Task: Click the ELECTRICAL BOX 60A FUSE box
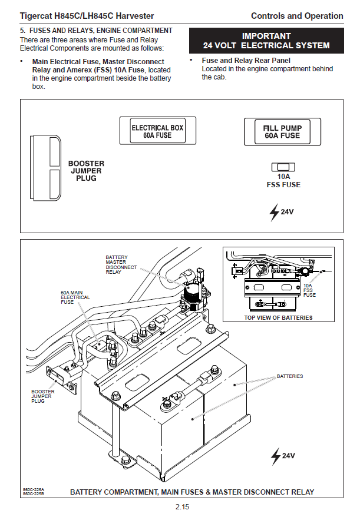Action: coord(157,131)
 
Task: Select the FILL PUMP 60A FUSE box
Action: coord(282,131)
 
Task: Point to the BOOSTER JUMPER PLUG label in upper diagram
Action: coord(86,171)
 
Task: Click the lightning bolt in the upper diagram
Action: coord(274,212)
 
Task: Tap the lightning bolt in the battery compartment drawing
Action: coord(275,455)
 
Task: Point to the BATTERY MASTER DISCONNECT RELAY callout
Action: coord(121,265)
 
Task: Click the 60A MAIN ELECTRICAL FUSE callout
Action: coord(75,297)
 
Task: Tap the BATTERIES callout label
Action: coord(290,376)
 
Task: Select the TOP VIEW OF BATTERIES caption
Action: coord(278,318)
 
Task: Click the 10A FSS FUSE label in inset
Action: coord(310,290)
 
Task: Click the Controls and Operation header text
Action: coord(296,16)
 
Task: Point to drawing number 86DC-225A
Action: coord(34,489)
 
